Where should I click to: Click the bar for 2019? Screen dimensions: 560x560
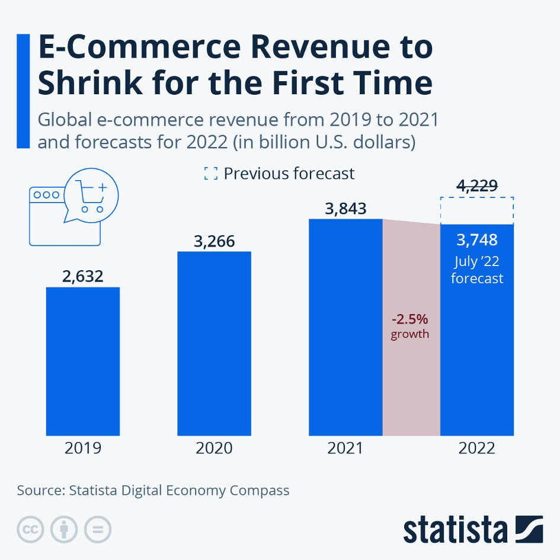(83, 361)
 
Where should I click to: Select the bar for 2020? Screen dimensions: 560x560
(215, 344)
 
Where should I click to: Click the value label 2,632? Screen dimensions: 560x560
(83, 276)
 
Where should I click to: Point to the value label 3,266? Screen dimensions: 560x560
(215, 241)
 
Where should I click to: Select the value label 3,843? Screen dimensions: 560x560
(345, 209)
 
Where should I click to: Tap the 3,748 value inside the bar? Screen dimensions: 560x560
(477, 240)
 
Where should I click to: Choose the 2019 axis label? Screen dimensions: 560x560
(83, 447)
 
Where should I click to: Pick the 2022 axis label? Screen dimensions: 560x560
(477, 447)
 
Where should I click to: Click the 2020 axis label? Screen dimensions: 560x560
(215, 447)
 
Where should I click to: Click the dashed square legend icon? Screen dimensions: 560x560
(210, 173)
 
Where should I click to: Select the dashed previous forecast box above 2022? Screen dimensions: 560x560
(477, 210)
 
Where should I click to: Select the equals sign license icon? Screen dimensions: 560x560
(98, 529)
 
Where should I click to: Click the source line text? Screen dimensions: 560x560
(153, 491)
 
